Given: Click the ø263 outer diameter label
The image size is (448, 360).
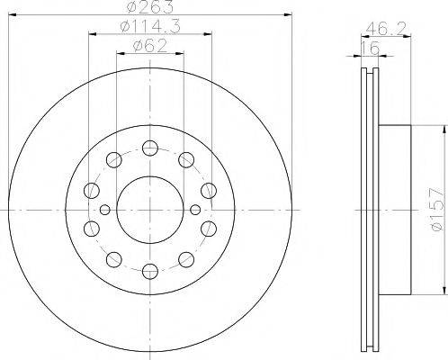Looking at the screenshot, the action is (x=149, y=6).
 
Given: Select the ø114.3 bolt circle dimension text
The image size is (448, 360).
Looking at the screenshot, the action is (x=150, y=26).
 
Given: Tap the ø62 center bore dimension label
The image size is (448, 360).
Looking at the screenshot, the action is (x=150, y=46).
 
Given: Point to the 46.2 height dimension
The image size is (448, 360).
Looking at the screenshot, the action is (x=386, y=29).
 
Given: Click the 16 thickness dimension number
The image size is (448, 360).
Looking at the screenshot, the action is (x=370, y=49).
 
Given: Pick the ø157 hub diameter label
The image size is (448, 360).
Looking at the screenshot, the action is (x=436, y=210).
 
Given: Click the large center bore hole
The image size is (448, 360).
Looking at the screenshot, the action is (x=150, y=210).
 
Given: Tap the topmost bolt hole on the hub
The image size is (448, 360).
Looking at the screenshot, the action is (x=150, y=148).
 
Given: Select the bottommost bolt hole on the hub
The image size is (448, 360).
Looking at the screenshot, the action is (x=150, y=272).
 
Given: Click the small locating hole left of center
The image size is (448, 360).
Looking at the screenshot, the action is (x=104, y=210).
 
